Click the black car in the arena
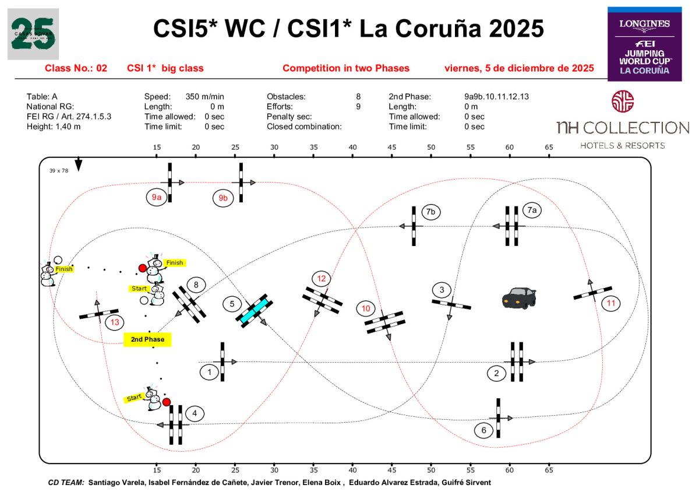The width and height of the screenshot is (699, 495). pos(519,297)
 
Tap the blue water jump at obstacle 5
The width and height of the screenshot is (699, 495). pos(255,310)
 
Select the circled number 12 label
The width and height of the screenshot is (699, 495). pos(322,279)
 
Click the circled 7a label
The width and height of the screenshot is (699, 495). pos(531,210)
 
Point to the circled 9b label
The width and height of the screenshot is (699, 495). pos(223,198)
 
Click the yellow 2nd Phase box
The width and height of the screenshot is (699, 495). pos(148,339)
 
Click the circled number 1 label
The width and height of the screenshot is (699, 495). pos(209,371)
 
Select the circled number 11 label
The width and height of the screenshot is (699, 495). pos(611,303)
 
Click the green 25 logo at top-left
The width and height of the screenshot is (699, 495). pos(33,34)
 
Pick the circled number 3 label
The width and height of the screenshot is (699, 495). pos(442,290)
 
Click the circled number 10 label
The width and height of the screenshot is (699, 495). pos(366,308)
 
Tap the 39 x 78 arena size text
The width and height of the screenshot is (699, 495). pos(59,171)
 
